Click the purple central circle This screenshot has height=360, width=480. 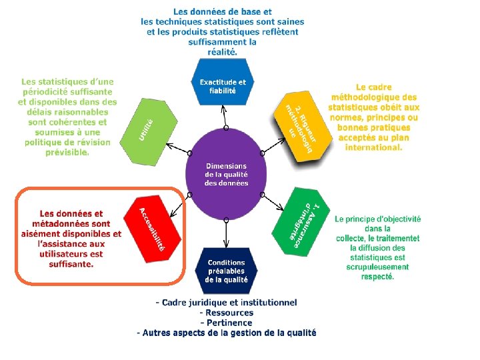click(x=227, y=174)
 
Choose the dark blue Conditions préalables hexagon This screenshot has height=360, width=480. click(x=227, y=271)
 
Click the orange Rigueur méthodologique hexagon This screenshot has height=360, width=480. click(x=304, y=126)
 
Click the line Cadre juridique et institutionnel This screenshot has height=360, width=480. click(x=227, y=303)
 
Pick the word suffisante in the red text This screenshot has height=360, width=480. click(x=71, y=263)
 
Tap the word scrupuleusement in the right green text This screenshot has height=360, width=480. click(x=377, y=267)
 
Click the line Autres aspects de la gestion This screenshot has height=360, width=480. click(x=227, y=333)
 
